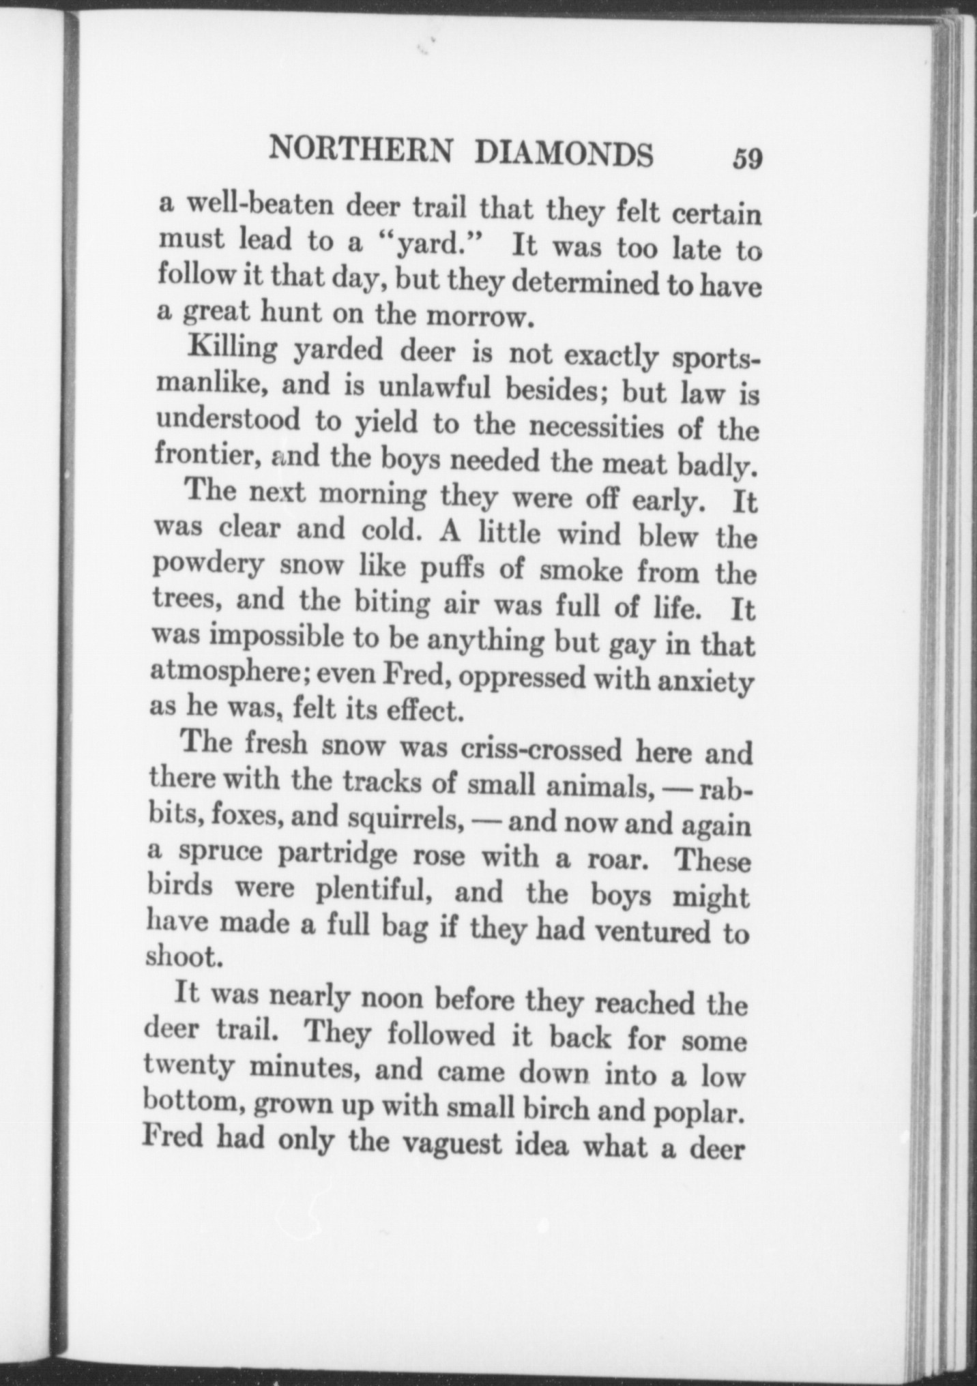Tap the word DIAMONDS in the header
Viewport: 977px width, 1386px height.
pyautogui.click(x=564, y=154)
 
